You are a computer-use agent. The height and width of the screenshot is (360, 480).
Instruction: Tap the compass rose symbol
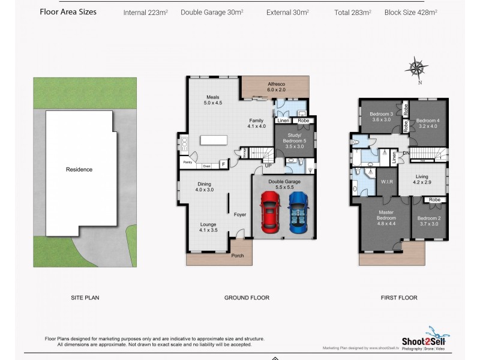(x=418, y=67)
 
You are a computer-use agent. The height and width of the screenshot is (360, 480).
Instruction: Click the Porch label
(x=238, y=256)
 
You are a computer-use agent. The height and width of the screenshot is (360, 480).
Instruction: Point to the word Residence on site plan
(x=79, y=169)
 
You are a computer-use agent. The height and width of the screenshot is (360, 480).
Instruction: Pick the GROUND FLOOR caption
(x=247, y=298)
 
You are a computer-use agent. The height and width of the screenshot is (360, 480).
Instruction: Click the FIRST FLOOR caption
(x=398, y=298)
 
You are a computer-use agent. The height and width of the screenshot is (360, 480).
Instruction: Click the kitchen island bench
(x=213, y=140)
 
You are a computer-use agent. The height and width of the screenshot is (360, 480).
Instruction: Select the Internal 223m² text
(x=146, y=12)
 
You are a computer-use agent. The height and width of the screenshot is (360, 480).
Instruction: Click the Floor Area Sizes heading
(x=68, y=11)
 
